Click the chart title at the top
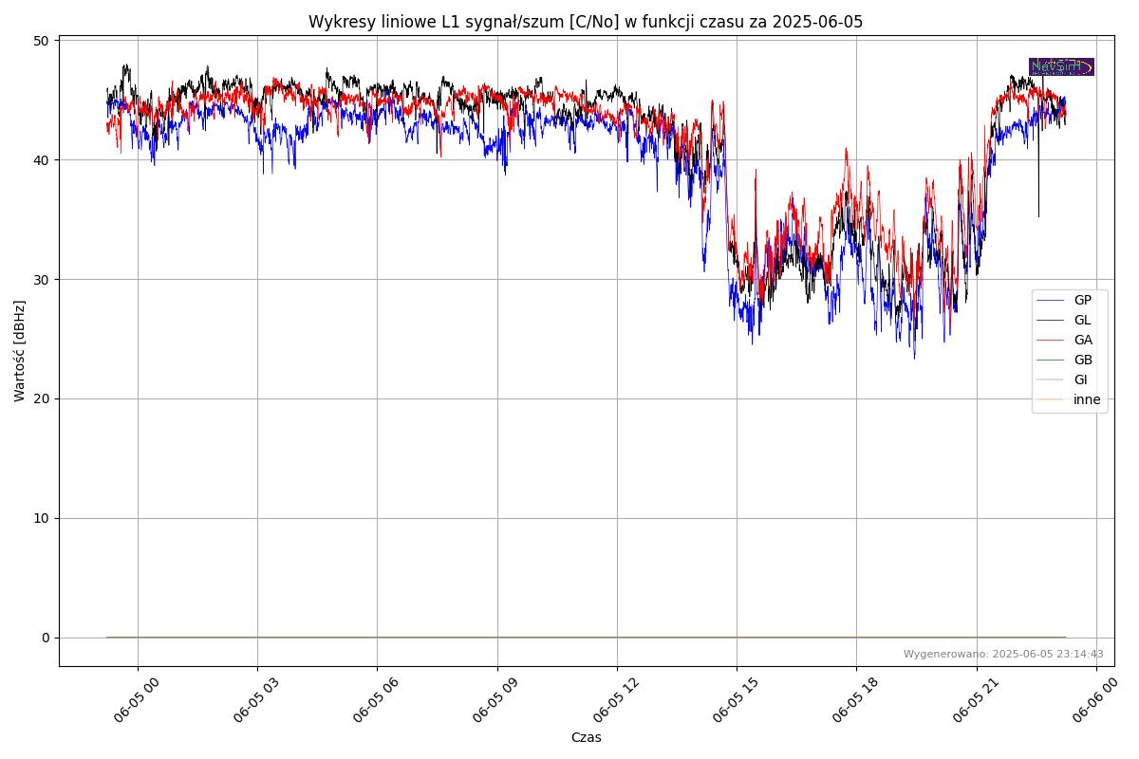coord(586,22)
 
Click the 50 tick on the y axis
coord(41,41)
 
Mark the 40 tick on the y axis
coord(41,160)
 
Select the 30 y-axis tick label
coord(41,280)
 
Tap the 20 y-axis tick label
coord(41,399)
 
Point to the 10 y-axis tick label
coord(41,519)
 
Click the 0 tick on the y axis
coord(45,638)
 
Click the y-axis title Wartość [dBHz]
coord(20,351)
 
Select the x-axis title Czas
coord(586,738)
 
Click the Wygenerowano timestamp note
coord(1003,655)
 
